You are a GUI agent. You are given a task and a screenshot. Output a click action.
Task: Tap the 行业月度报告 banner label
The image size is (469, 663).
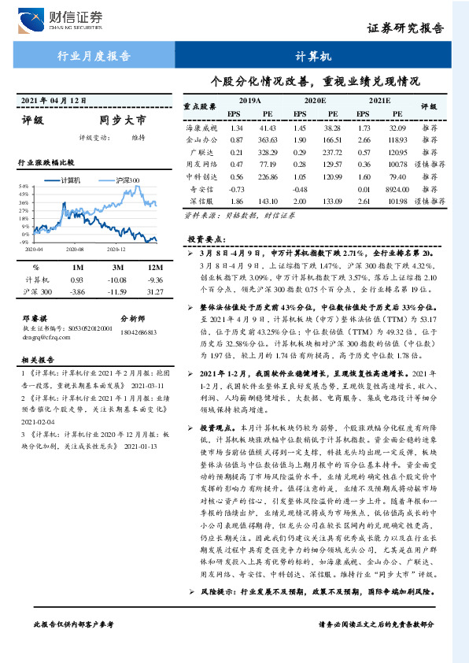coord(94,56)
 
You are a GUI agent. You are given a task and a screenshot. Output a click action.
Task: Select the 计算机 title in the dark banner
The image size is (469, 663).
coord(314,57)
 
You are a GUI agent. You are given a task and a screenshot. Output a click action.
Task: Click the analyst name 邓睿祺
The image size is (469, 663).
coord(35,319)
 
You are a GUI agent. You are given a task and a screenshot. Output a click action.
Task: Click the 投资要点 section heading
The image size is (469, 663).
coord(206,238)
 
